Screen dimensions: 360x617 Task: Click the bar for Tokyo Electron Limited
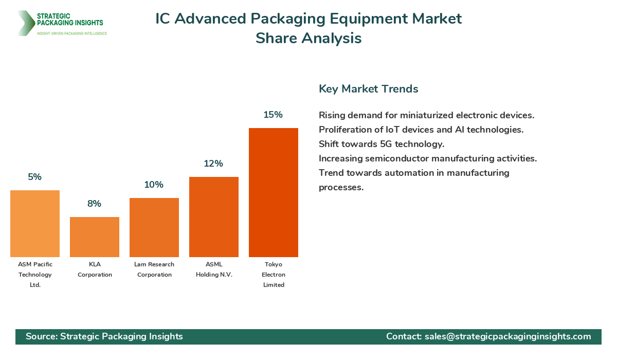274,192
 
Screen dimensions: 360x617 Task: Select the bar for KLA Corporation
95,237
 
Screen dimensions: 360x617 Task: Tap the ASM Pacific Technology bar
35,223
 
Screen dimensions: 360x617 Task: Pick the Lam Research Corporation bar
154,227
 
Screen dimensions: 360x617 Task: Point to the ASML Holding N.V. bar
214,217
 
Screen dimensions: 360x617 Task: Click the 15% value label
273,115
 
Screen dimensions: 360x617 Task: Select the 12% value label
213,164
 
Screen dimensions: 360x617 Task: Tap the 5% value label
35,177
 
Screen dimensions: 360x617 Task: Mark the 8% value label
94,204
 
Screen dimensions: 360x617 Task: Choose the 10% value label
154,185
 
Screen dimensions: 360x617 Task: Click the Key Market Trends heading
368,89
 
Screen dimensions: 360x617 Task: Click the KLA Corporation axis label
95,269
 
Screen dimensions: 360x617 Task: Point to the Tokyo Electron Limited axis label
274,275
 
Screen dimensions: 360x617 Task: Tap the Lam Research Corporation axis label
154,269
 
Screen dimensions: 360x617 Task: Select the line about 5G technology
381,144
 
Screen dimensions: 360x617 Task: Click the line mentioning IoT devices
421,130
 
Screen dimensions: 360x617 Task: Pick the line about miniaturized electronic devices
426,115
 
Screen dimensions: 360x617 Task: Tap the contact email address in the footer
507,336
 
